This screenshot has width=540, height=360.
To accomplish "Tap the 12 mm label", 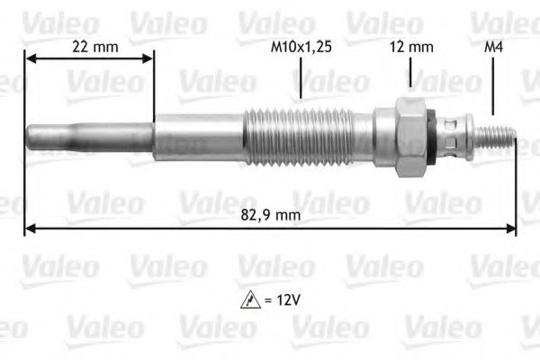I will point(409,47).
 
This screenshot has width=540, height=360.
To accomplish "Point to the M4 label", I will point(493,47).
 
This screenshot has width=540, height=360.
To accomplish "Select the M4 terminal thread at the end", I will point(498,135).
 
